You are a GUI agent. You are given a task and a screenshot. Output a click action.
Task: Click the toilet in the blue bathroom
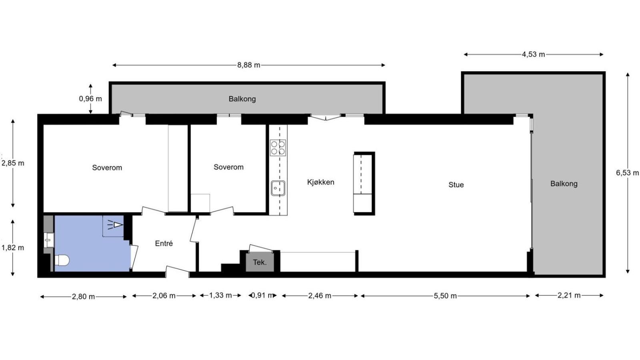[x=62, y=260]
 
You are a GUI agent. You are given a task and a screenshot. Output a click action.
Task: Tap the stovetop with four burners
[x=278, y=148]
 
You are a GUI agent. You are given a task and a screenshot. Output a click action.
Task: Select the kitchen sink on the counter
[x=278, y=188]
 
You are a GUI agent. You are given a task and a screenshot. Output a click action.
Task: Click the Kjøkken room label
[x=320, y=182]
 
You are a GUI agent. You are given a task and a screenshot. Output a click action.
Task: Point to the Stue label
[x=456, y=185]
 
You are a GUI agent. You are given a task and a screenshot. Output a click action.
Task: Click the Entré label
[x=164, y=244]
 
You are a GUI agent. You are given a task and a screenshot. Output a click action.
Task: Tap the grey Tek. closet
[x=260, y=262]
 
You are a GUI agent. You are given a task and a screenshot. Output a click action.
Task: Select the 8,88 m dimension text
[x=248, y=65]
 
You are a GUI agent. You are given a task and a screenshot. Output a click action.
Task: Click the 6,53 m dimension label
[x=627, y=173]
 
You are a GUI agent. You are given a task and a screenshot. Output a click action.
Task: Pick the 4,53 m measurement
[x=534, y=54]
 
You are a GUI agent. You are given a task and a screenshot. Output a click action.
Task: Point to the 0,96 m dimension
[x=90, y=99]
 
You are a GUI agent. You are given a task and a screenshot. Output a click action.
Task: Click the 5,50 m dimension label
[x=445, y=296]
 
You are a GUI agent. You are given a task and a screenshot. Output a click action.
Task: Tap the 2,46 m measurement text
[x=320, y=296]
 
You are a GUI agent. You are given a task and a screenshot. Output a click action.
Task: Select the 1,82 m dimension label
[x=13, y=248]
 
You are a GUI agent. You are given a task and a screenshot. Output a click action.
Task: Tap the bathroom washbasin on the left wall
[x=49, y=240]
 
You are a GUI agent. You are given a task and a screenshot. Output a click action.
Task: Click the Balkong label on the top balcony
[x=242, y=99]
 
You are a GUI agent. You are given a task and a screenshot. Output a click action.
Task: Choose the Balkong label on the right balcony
[x=564, y=184]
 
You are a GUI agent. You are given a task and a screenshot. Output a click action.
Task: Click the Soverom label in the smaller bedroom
[x=228, y=167]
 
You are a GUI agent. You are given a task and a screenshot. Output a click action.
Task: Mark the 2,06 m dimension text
[x=164, y=296]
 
